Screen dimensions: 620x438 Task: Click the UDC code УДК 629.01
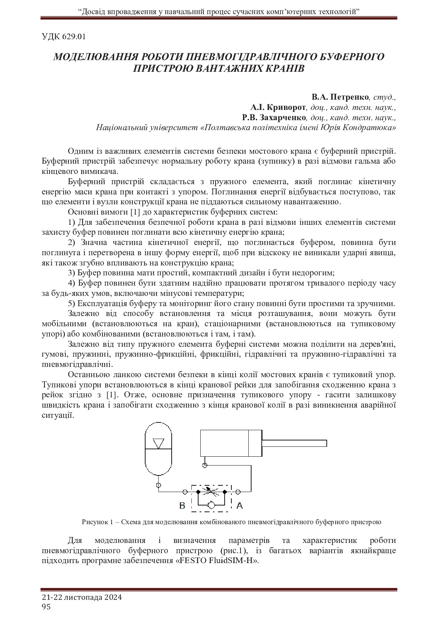click(64, 37)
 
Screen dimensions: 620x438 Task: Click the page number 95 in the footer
click(46, 607)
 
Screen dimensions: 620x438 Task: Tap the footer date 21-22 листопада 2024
click(82, 597)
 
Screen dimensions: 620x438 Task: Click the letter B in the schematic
click(182, 506)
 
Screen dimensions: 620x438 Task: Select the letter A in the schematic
click(239, 506)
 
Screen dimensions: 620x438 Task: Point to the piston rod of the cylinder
click(294, 443)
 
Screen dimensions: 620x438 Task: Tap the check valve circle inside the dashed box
click(212, 505)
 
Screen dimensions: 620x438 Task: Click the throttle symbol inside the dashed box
click(212, 491)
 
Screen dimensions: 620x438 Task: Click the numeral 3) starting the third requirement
click(72, 273)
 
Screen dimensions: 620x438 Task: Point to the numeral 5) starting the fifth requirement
click(72, 304)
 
